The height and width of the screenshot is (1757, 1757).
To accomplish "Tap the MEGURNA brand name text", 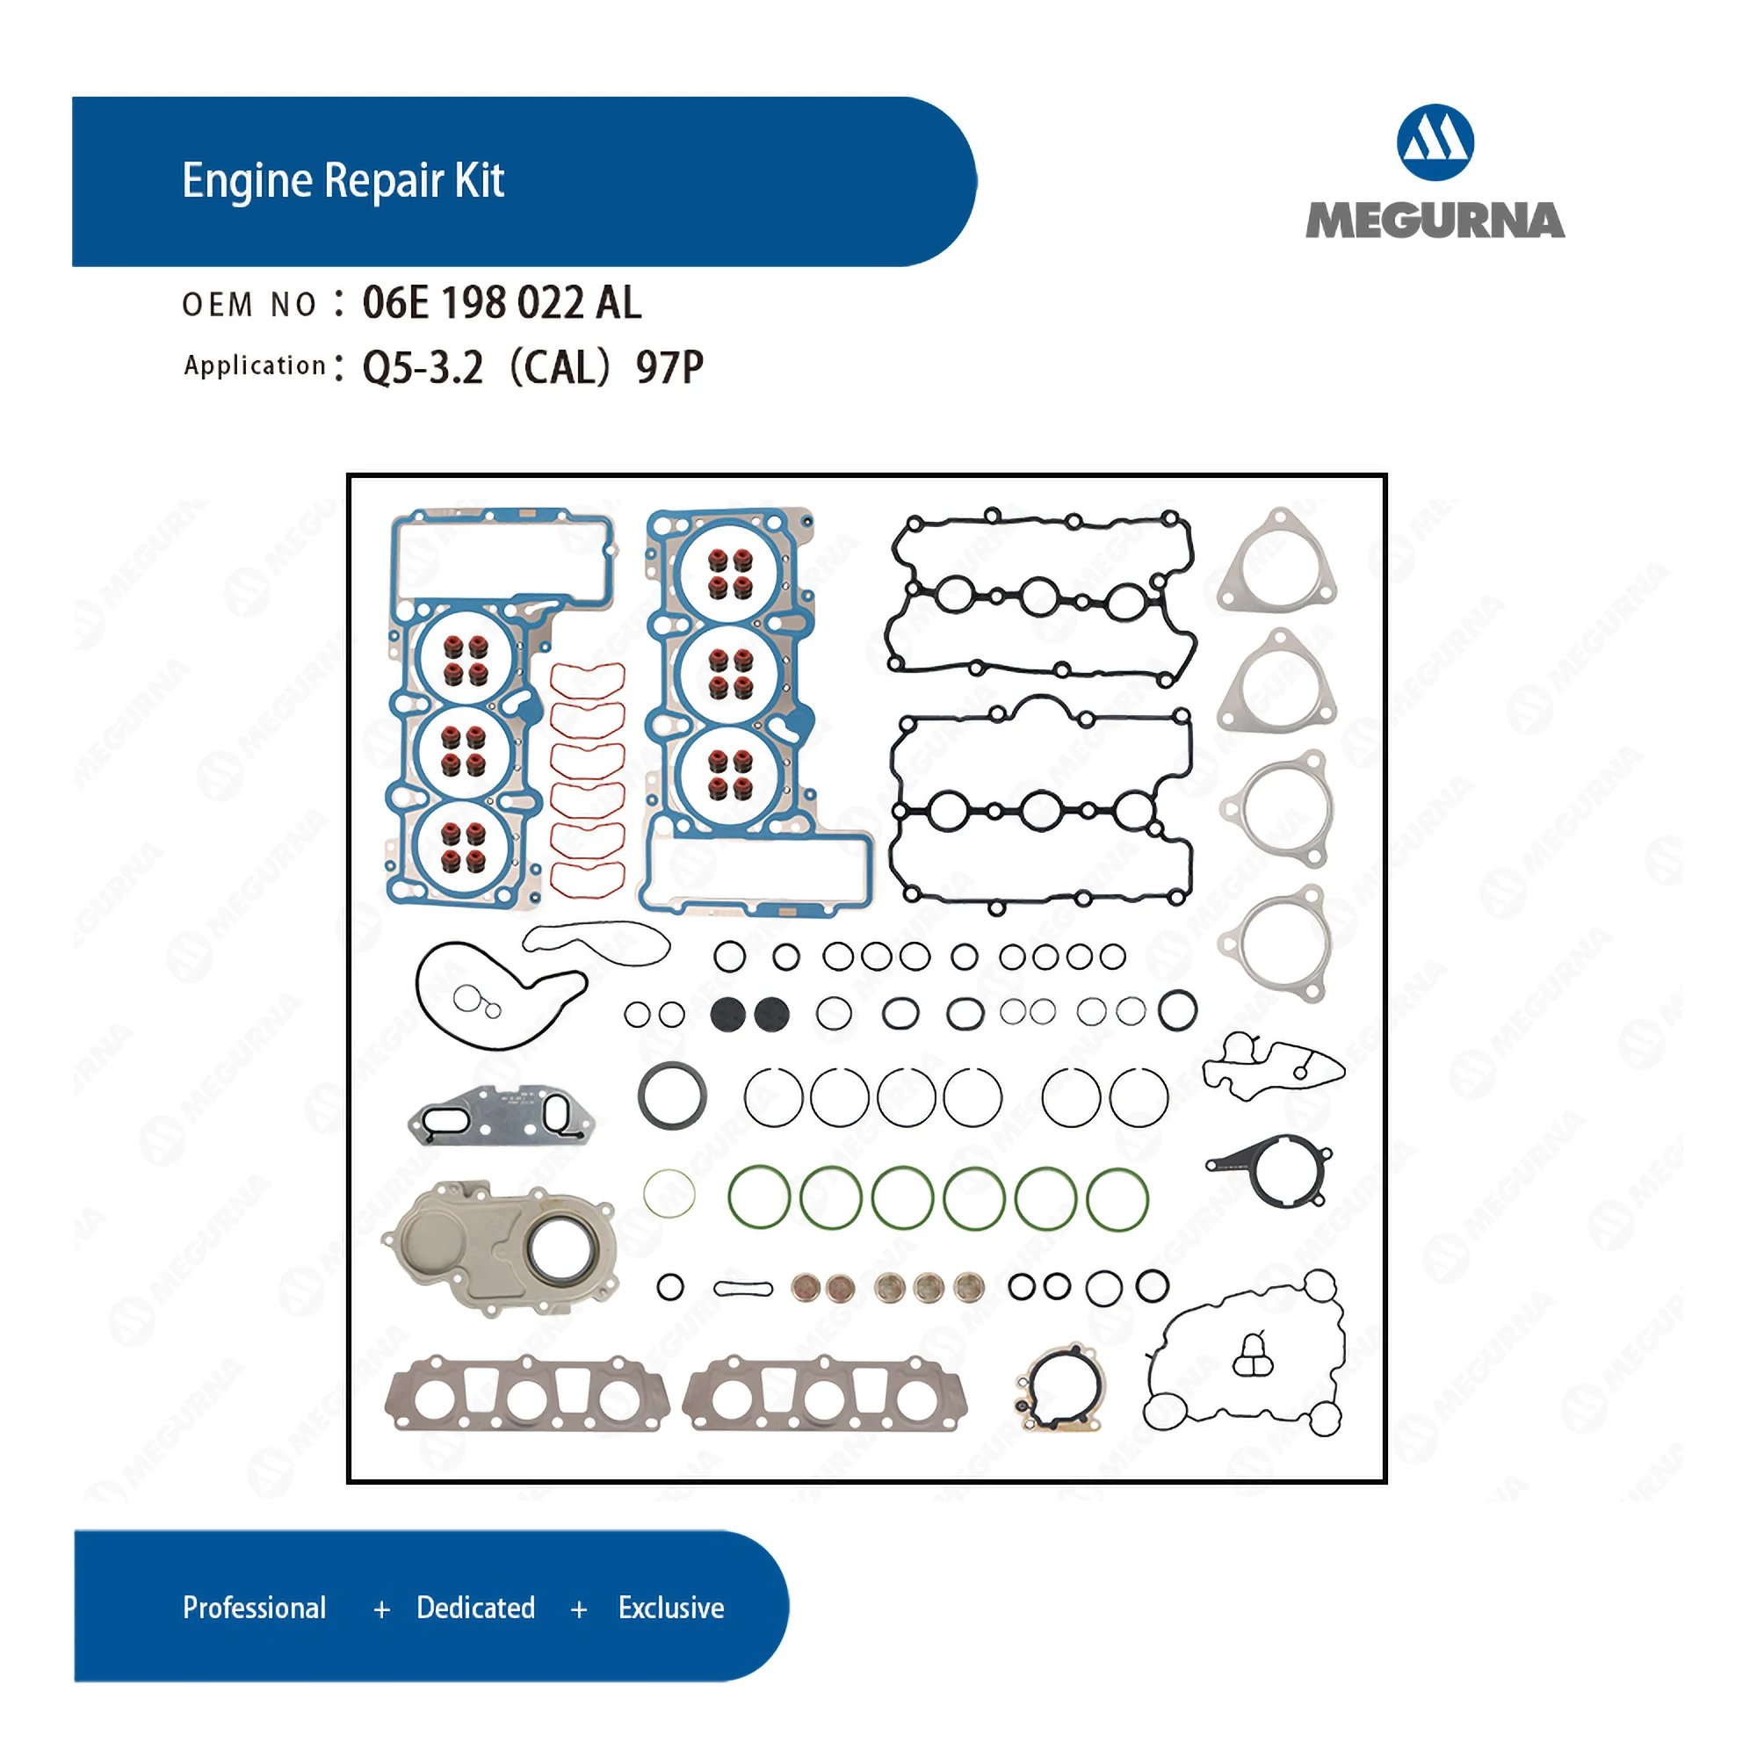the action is [x=1435, y=221].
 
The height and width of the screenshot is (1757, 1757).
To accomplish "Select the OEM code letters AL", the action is [x=618, y=303].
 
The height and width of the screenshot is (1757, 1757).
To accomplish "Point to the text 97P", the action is [x=669, y=367].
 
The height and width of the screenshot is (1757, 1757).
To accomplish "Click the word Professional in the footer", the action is [x=255, y=1608].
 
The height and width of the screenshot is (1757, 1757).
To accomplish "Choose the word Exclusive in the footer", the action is [x=671, y=1608].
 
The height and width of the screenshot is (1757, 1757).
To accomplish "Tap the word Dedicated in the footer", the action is [x=475, y=1608].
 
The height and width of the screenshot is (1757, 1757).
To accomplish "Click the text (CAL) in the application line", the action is [x=560, y=367].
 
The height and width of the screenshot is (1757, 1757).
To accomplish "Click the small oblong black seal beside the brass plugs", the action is [x=743, y=1289].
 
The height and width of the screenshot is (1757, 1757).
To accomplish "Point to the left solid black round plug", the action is [x=727, y=1014].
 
